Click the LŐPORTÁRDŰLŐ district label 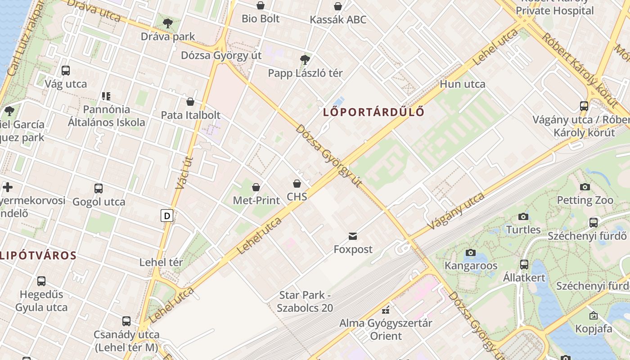(373, 112)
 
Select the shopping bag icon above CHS (297, 184)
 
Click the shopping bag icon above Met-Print (256, 187)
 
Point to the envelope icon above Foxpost (353, 236)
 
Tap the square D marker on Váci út (167, 216)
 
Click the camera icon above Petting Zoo (585, 187)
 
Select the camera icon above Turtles (523, 217)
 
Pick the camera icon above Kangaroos (471, 252)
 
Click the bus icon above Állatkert (524, 265)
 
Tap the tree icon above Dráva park (168, 23)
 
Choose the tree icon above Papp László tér (305, 59)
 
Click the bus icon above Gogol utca (99, 189)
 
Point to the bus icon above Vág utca (66, 71)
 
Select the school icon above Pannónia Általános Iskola (106, 96)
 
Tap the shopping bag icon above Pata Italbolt (190, 102)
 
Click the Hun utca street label (463, 84)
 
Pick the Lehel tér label (161, 262)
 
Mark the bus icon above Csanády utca (126, 321)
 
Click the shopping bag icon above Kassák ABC (338, 6)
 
